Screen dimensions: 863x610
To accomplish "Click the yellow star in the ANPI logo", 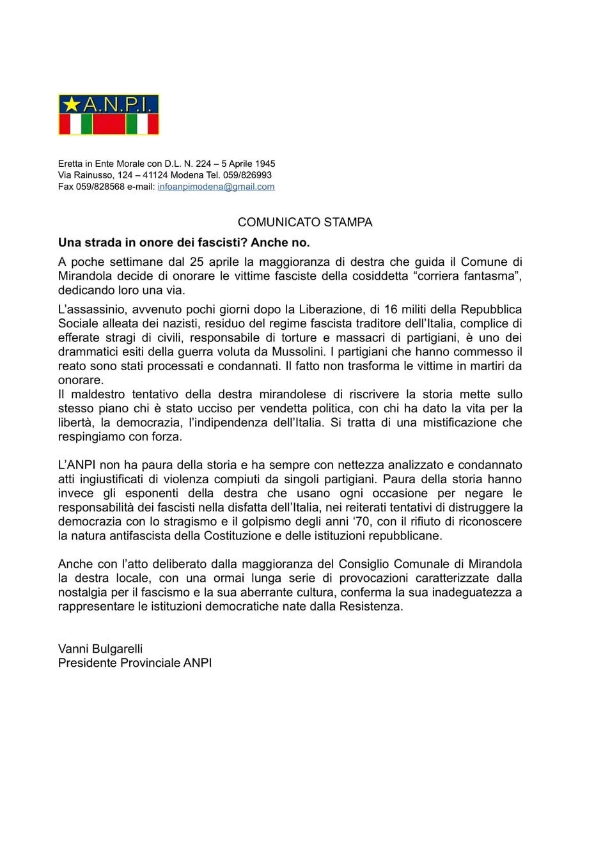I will pyautogui.click(x=72, y=104).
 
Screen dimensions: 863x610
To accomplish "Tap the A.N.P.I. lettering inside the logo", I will pyautogui.click(x=119, y=104).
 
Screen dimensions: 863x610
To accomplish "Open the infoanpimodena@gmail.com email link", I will pyautogui.click(x=216, y=187).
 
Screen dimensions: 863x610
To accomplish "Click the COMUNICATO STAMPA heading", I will pyautogui.click(x=305, y=222).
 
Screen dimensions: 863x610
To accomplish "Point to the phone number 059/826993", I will pyautogui.click(x=247, y=175).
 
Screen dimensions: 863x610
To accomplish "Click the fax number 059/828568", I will pyautogui.click(x=100, y=187).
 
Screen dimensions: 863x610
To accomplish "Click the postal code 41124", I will pyautogui.click(x=155, y=175).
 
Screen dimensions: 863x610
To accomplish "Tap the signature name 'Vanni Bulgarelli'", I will pyautogui.click(x=100, y=649).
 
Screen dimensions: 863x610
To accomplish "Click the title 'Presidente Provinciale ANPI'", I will pyautogui.click(x=135, y=663).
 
